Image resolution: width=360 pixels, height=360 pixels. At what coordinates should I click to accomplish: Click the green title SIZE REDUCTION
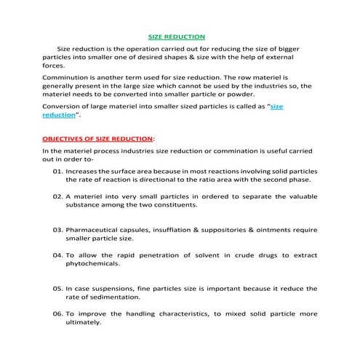pyautogui.click(x=177, y=36)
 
